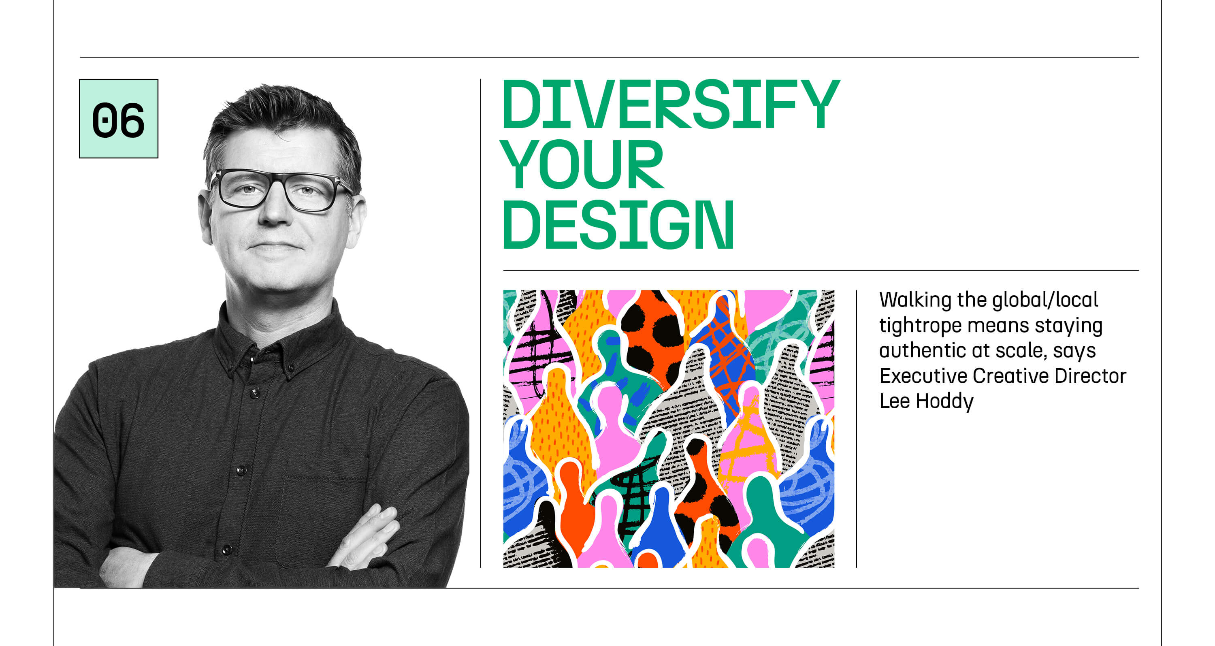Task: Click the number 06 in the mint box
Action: coord(118,120)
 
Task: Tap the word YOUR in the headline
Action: coord(582,164)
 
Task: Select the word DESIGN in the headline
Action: coord(618,224)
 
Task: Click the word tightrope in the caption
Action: coord(920,326)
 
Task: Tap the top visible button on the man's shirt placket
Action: coord(255,393)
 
